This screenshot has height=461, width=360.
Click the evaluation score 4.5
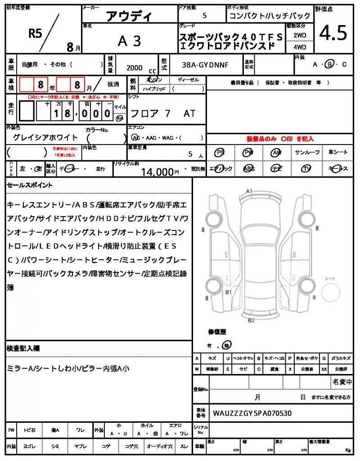pyautogui.click(x=333, y=33)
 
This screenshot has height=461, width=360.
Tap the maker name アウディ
pyautogui.click(x=129, y=17)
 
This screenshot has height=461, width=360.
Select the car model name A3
pyautogui.click(x=129, y=41)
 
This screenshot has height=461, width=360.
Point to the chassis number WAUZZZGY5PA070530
pyautogui.click(x=252, y=413)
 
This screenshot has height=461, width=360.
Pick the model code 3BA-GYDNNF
pyautogui.click(x=205, y=65)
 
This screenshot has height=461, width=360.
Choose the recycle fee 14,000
pyautogui.click(x=157, y=172)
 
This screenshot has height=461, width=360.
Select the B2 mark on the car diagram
pyautogui.click(x=251, y=321)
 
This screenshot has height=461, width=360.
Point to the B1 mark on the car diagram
pyautogui.click(x=229, y=292)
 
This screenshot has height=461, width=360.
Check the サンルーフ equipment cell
pyautogui.click(x=307, y=153)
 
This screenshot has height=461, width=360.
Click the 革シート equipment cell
pyautogui.click(x=338, y=153)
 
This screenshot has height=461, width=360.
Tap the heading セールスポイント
pyautogui.click(x=30, y=185)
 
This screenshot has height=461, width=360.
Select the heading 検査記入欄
pyautogui.click(x=23, y=348)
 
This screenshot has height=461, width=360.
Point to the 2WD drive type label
pyautogui.click(x=300, y=35)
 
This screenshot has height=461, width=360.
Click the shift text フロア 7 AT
pyautogui.click(x=162, y=113)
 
